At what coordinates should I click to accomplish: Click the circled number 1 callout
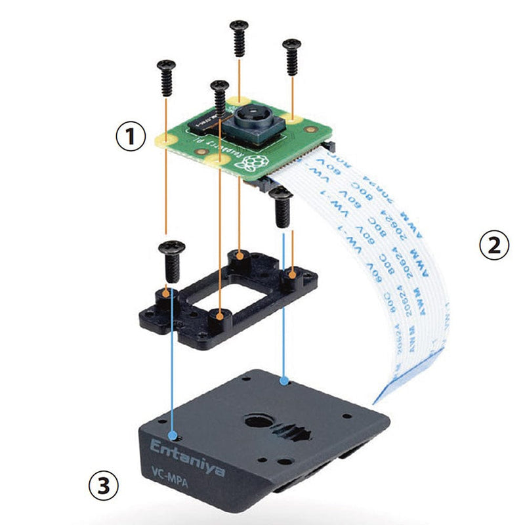pos(131,138)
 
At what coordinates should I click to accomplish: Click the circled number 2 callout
pos(494,245)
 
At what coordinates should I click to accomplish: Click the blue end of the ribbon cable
pos(387,394)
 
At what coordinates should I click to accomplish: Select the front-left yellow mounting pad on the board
pos(217,159)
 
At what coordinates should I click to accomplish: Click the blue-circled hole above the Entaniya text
pos(173,435)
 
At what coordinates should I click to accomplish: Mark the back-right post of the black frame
pos(289,280)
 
